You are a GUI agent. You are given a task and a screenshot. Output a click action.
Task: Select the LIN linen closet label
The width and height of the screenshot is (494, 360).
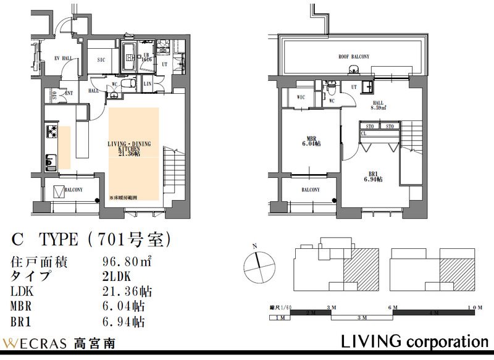[148, 83]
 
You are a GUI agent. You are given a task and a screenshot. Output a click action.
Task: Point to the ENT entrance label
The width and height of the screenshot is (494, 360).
[69, 93]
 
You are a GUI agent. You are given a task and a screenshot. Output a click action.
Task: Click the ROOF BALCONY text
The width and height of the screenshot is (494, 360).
[354, 57]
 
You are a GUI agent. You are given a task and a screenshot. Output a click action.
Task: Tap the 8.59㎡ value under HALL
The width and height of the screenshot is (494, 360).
[378, 107]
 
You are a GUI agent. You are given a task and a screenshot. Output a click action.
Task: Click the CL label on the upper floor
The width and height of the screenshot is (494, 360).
[364, 133]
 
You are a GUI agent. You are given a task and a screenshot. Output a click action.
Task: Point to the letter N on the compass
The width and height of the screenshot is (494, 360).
[254, 246]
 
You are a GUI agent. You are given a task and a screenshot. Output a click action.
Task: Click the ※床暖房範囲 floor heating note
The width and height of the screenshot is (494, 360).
[127, 198]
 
